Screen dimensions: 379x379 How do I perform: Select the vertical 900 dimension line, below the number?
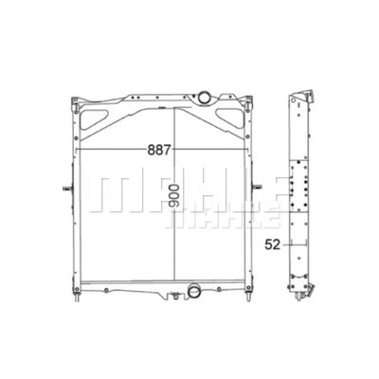coord(173,246)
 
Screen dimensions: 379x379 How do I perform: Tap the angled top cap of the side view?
coord(305,93)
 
